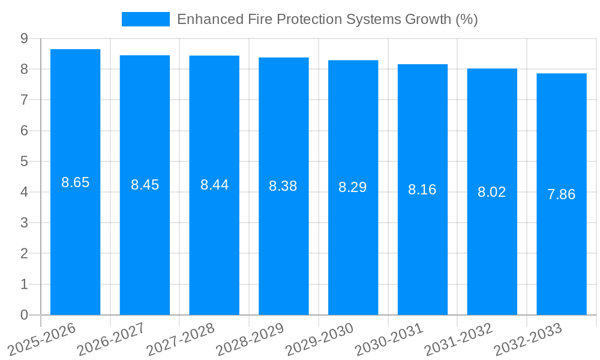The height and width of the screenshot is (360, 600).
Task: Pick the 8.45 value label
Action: (145, 185)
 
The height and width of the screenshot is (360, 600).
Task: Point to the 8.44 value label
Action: (214, 185)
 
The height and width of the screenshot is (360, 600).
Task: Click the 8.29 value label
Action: (353, 187)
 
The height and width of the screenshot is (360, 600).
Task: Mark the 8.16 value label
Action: (422, 190)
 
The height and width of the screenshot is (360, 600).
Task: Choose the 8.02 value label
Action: (492, 192)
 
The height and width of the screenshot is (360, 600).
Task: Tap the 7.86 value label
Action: (561, 194)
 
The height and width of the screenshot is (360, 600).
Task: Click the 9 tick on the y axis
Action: (24, 38)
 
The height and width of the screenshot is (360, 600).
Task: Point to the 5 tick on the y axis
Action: (24, 161)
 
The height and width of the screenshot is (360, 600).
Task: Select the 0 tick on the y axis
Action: (24, 315)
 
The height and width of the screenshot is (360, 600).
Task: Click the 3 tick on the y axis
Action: (24, 223)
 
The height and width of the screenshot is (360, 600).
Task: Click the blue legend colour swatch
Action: (146, 19)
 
